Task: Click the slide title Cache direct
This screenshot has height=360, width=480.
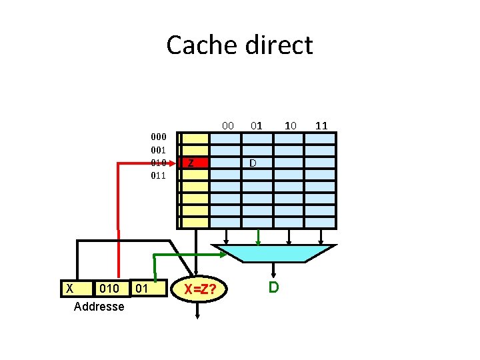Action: [x=239, y=45]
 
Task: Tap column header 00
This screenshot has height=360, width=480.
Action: [x=227, y=125]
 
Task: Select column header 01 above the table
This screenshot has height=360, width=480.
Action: [x=257, y=125]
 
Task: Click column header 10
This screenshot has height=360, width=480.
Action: [x=290, y=125]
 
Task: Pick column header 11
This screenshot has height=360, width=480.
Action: [x=321, y=125]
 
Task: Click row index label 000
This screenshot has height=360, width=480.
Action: [x=157, y=137]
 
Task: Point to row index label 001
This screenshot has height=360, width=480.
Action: [x=157, y=149]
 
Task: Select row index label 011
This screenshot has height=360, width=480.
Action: [x=157, y=176]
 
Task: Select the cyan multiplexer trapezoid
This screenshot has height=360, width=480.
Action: [x=273, y=252]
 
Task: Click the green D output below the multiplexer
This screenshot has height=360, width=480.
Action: [x=273, y=287]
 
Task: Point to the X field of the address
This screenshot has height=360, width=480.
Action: [x=69, y=288]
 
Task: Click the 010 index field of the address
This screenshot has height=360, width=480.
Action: [x=108, y=288]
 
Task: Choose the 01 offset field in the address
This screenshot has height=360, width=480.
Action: [x=141, y=288]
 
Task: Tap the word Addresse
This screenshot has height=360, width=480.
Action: [x=99, y=307]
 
